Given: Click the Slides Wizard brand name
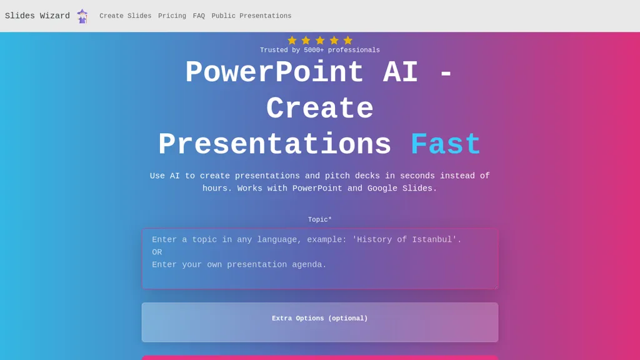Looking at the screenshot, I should pyautogui.click(x=37, y=16).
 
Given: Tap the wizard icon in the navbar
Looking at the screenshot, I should pyautogui.click(x=82, y=16).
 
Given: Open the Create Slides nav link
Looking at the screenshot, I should pyautogui.click(x=125, y=16).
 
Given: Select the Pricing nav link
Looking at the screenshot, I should pyautogui.click(x=172, y=16).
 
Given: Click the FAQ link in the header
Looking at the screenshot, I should pyautogui.click(x=199, y=16).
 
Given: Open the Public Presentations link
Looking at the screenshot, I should pyautogui.click(x=251, y=16).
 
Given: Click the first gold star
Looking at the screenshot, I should pyautogui.click(x=292, y=41).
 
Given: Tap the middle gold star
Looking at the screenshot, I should pyautogui.click(x=320, y=41).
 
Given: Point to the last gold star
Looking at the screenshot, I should pyautogui.click(x=348, y=41).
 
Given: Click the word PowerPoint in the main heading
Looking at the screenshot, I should pyautogui.click(x=274, y=73).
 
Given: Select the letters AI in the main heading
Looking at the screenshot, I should pyautogui.click(x=400, y=73).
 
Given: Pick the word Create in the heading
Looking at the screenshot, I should pyautogui.click(x=320, y=109).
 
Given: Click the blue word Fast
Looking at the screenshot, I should pyautogui.click(x=446, y=146).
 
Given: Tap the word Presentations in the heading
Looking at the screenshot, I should pyautogui.click(x=274, y=146).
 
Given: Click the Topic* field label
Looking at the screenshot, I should pyautogui.click(x=320, y=220).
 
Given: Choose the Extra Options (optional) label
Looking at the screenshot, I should pyautogui.click(x=320, y=319).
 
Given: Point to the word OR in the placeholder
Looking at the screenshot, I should pyautogui.click(x=157, y=252).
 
